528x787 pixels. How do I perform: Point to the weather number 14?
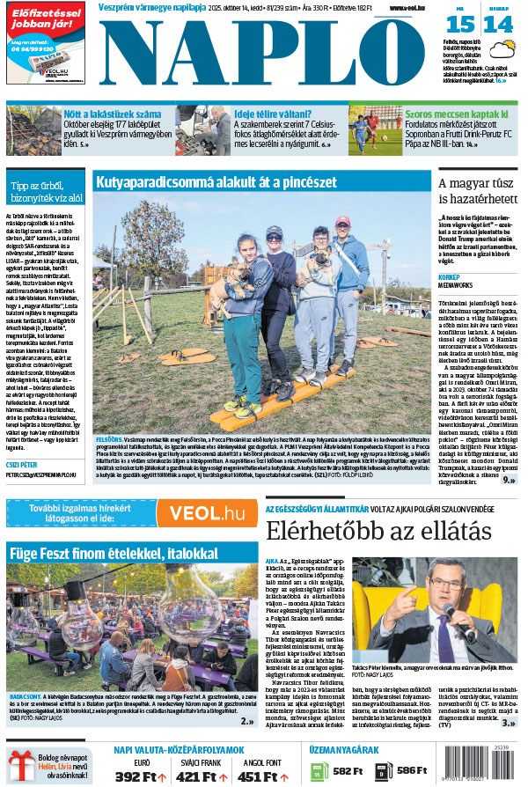tap(499, 24)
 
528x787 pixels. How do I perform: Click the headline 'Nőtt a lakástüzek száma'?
tap(112, 114)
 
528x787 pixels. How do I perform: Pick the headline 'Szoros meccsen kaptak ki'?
tap(456, 114)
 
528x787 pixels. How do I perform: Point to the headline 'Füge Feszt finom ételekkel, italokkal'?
tap(100, 553)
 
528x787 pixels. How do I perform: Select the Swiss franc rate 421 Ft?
tap(202, 776)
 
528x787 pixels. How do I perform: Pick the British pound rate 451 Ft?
tap(263, 776)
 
